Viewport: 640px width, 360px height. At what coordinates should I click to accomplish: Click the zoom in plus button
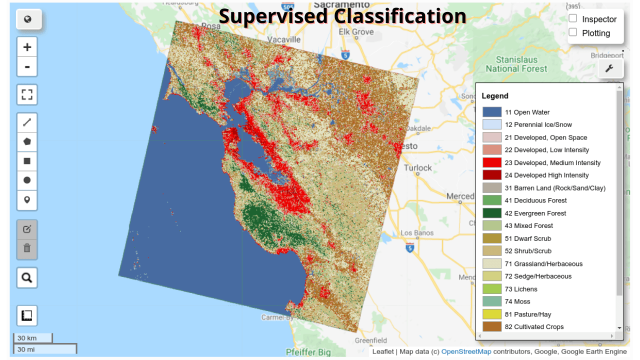[x=27, y=47]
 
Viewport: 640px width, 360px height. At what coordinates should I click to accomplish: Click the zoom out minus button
[x=27, y=66]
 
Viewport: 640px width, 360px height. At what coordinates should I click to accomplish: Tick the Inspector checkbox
[x=573, y=18]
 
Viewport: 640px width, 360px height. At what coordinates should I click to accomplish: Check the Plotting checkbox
[x=573, y=32]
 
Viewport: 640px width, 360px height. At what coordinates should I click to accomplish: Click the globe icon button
[x=28, y=19]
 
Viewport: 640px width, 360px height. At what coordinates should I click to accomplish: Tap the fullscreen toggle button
[x=27, y=94]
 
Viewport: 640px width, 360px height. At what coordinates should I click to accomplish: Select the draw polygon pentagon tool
[x=27, y=141]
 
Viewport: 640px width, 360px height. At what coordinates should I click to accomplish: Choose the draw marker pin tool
[x=27, y=200]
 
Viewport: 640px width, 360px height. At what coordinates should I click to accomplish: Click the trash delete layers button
[x=27, y=248]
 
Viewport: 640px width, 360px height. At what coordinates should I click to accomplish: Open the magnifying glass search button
[x=27, y=277]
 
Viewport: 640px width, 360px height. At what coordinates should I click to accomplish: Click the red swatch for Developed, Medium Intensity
[x=491, y=162]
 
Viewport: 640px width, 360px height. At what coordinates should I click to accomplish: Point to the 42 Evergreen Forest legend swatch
[x=491, y=213]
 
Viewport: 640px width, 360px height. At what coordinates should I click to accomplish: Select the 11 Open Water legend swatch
[x=491, y=112]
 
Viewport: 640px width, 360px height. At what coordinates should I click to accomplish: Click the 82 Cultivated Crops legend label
[x=534, y=326]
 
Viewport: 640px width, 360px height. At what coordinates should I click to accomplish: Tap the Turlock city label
[x=417, y=167]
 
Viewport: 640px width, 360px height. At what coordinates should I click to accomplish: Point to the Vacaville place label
[x=283, y=39]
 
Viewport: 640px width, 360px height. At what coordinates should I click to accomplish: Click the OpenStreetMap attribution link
[x=466, y=351]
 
